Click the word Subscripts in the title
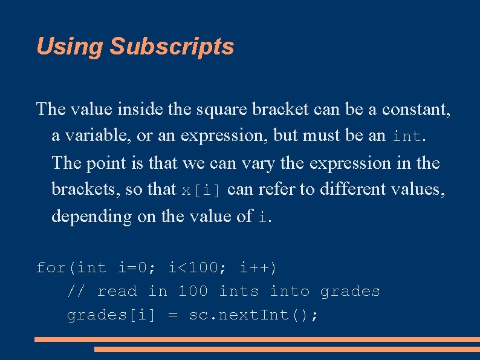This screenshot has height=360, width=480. [x=172, y=47]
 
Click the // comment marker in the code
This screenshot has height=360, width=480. [x=75, y=292]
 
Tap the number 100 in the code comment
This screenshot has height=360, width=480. [x=193, y=292]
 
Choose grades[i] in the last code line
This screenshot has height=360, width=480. [x=111, y=315]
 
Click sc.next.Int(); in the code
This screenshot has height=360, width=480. [x=254, y=315]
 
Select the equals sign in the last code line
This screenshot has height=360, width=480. [x=172, y=316]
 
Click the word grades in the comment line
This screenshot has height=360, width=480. [x=350, y=292]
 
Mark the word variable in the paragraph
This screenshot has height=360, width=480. [x=92, y=136]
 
